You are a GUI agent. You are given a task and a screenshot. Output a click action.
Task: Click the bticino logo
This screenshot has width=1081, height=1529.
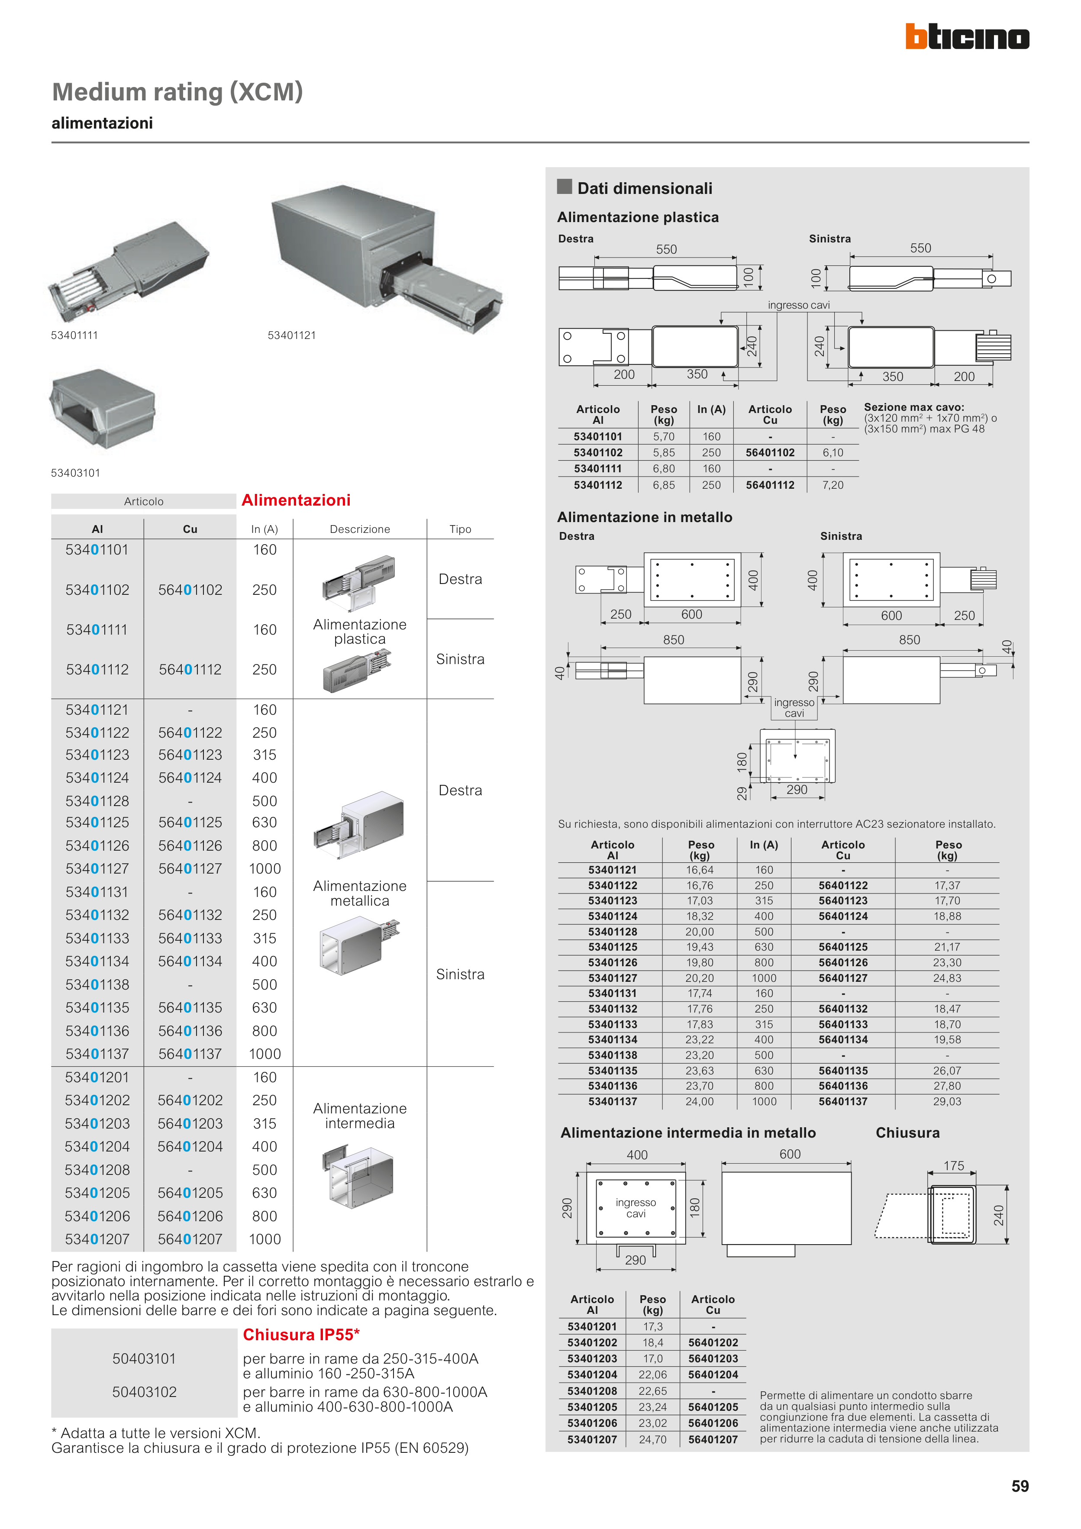(x=966, y=37)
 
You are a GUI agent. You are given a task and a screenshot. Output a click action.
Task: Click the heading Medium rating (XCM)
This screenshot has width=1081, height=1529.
(x=177, y=92)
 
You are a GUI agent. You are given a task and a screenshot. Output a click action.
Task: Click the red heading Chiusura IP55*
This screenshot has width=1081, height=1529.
(x=301, y=1335)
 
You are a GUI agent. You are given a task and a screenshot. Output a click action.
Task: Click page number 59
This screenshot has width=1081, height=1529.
(x=1020, y=1487)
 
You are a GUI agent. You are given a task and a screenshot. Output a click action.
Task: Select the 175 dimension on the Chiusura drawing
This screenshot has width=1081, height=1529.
(x=954, y=1165)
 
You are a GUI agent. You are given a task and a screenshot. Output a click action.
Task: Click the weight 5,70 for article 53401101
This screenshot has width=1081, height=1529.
(x=663, y=436)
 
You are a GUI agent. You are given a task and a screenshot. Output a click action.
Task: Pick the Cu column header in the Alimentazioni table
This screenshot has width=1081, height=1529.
(x=190, y=529)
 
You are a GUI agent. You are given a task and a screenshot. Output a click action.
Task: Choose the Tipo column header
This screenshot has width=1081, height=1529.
(x=460, y=529)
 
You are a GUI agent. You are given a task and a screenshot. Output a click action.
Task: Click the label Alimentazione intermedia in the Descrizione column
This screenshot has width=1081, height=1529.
(x=360, y=1116)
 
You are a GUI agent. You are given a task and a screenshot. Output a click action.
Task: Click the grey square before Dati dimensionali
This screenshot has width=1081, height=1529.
(x=564, y=187)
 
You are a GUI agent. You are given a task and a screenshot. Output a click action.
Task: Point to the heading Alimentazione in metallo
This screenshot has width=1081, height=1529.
(x=644, y=517)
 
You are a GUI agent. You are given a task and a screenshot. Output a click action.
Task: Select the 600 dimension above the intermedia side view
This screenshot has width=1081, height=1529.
(x=790, y=1154)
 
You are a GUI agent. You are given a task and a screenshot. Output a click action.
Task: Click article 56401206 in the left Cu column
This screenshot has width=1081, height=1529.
(x=190, y=1216)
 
